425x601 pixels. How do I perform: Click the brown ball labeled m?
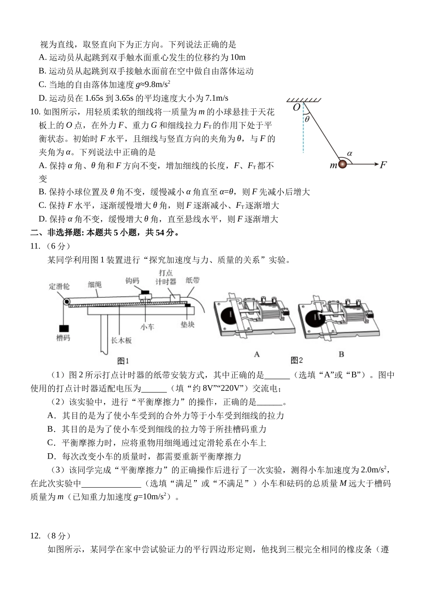pos(342,164)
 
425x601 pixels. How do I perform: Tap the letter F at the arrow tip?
pos(383,165)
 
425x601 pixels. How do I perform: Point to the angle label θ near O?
pos(307,119)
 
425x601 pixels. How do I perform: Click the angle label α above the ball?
pos(350,153)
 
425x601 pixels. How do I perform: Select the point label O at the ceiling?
pos(297,108)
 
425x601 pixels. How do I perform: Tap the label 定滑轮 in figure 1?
pos(59,285)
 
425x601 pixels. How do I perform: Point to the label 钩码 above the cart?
pos(132,281)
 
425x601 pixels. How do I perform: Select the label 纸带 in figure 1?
pos(193,280)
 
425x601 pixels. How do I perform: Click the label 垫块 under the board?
pos(187,323)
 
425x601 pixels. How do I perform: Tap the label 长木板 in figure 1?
pos(122,340)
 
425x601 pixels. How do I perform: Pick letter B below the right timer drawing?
pos(341,354)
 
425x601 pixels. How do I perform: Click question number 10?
pos(35,112)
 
